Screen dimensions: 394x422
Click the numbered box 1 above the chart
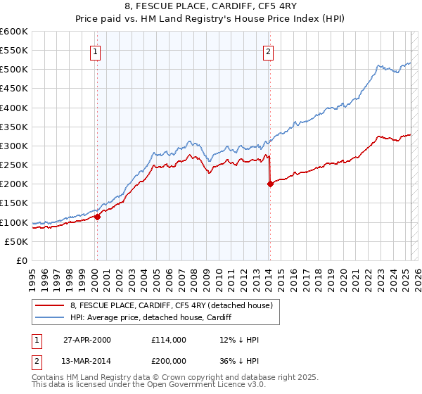[95, 51]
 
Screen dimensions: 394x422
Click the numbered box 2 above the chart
[269, 51]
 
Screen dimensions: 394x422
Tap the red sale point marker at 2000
[98, 217]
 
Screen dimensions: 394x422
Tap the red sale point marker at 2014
[270, 184]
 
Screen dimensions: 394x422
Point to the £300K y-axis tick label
[14, 146]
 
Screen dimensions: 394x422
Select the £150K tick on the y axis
[14, 203]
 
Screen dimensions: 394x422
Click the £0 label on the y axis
[23, 260]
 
